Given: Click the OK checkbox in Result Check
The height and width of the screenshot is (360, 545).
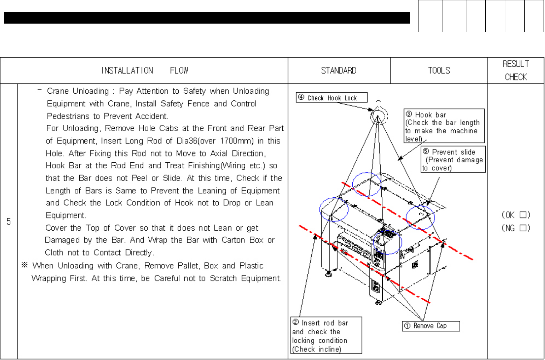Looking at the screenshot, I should click(x=523, y=215).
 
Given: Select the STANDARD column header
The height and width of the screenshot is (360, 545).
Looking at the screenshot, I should click(x=338, y=70).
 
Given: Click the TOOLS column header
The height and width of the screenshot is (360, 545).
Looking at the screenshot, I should click(x=439, y=70).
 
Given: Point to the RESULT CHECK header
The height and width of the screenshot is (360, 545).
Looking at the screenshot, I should click(x=516, y=70).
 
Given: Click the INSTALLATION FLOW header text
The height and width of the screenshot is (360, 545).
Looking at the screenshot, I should click(x=144, y=70).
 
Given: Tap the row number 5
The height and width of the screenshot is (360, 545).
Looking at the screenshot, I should click(x=9, y=222).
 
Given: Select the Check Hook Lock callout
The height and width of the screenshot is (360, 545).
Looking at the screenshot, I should click(x=331, y=98).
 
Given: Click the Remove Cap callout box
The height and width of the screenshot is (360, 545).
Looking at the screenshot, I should click(x=431, y=326).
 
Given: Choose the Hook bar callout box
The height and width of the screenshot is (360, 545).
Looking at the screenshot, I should click(x=444, y=126).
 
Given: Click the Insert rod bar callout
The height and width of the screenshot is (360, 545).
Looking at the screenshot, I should click(x=326, y=336).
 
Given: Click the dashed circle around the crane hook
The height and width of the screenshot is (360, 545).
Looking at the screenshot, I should click(x=379, y=116).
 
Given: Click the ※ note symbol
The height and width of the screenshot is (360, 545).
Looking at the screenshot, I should click(x=25, y=265).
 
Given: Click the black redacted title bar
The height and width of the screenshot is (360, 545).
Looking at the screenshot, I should click(x=207, y=18).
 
